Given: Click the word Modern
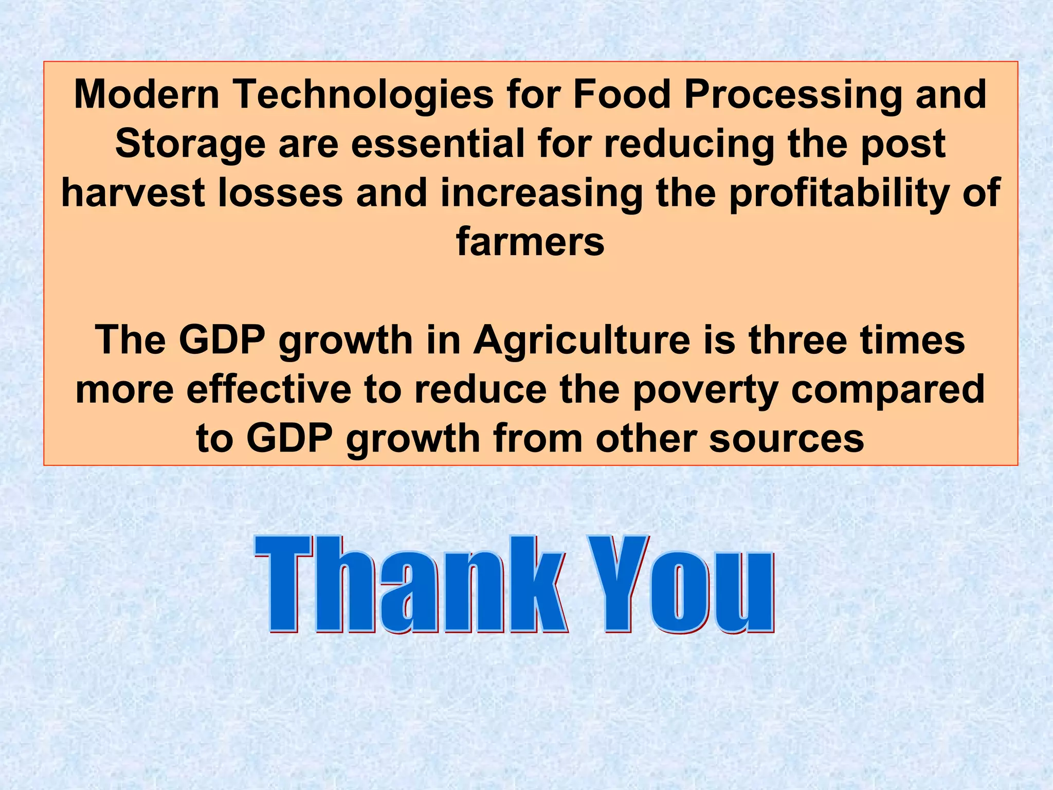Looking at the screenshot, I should tap(147, 95).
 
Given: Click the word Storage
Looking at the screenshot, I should tap(190, 145).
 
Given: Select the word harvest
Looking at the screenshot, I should tap(133, 193).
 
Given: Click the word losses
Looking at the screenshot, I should tap(280, 193).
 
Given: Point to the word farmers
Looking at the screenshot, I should tap(530, 242).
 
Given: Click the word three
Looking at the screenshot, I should tap(797, 340).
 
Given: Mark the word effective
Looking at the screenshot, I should tap(269, 389).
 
